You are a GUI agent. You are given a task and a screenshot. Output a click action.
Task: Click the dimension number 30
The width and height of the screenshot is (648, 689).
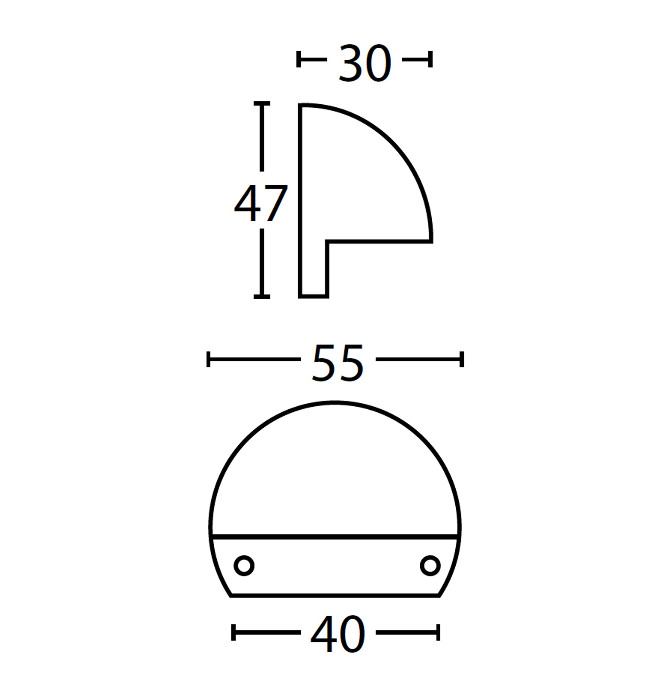pyautogui.click(x=365, y=63)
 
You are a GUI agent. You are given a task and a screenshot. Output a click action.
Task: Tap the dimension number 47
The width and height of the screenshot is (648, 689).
pyautogui.click(x=261, y=203)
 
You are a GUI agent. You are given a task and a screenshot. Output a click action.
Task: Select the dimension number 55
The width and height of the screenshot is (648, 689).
pyautogui.click(x=338, y=363)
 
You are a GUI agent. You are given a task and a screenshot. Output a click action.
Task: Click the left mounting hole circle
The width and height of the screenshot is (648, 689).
pyautogui.click(x=244, y=566)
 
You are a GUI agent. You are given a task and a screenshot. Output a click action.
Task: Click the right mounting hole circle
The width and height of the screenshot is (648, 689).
pyautogui.click(x=430, y=566)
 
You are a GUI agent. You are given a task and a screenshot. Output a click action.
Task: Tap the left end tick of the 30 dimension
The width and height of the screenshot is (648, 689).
pyautogui.click(x=299, y=59)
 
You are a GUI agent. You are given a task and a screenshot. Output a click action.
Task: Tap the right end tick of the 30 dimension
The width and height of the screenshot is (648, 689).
pyautogui.click(x=431, y=59)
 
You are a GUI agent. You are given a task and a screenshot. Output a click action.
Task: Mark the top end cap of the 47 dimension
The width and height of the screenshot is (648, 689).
pyautogui.click(x=262, y=103)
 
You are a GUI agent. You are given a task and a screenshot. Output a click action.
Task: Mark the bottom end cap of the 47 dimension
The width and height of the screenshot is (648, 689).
pyautogui.click(x=262, y=297)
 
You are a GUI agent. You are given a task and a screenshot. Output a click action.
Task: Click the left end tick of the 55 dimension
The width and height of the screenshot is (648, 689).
pyautogui.click(x=208, y=359)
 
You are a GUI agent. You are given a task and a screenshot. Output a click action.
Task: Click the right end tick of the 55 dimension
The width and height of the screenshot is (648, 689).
pyautogui.click(x=462, y=359)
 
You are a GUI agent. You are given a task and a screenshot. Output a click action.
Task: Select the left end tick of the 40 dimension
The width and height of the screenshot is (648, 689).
pyautogui.click(x=233, y=632)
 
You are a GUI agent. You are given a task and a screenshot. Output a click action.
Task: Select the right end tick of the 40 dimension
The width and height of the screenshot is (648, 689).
pyautogui.click(x=438, y=632)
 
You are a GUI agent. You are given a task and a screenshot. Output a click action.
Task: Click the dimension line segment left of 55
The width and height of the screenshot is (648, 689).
pyautogui.click(x=254, y=359)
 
